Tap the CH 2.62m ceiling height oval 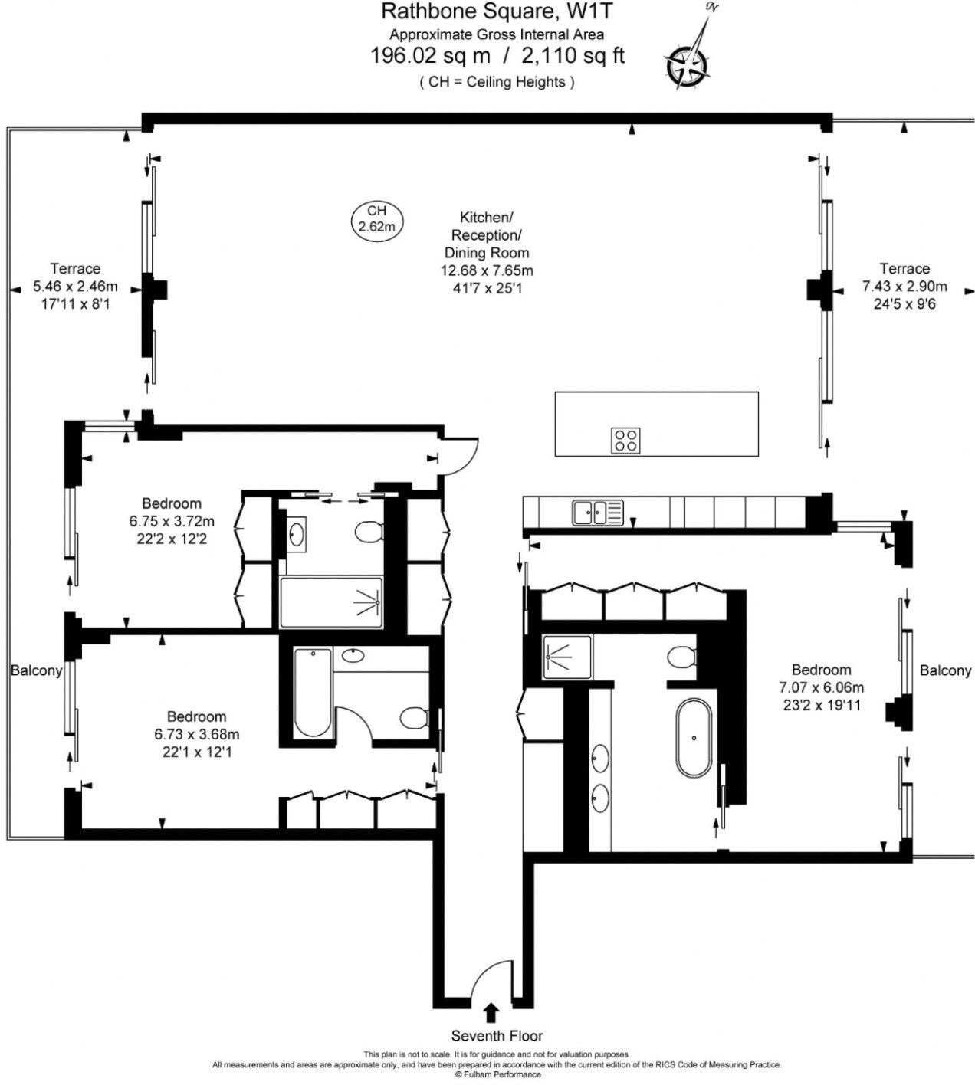tap(376, 218)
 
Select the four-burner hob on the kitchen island tap(626, 440)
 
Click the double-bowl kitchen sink tap(598, 512)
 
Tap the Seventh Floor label tap(497, 1036)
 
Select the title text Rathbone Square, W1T tap(497, 11)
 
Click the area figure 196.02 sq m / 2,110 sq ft tap(497, 56)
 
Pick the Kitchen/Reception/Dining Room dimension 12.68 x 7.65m tap(487, 270)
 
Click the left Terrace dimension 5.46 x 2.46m tap(75, 287)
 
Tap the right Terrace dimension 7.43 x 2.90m tap(904, 287)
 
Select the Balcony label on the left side tap(36, 670)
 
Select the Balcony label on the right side tap(945, 670)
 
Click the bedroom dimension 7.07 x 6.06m tap(821, 687)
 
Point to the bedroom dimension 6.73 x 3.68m tap(196, 735)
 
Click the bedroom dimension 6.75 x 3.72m tap(171, 522)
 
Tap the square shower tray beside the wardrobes tap(566, 657)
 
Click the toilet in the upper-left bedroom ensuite tap(370, 531)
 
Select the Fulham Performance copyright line tap(497, 1074)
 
